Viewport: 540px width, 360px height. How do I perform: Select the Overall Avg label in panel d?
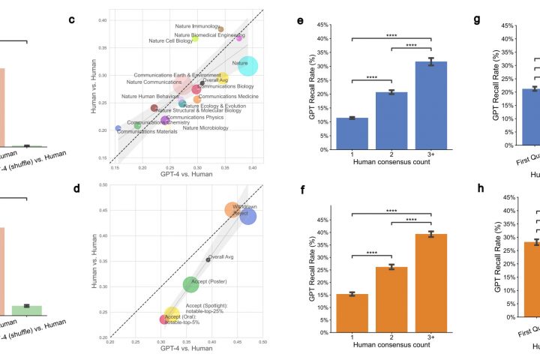point(223,256)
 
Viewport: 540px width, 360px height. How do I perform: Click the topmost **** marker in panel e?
point(394,33)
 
